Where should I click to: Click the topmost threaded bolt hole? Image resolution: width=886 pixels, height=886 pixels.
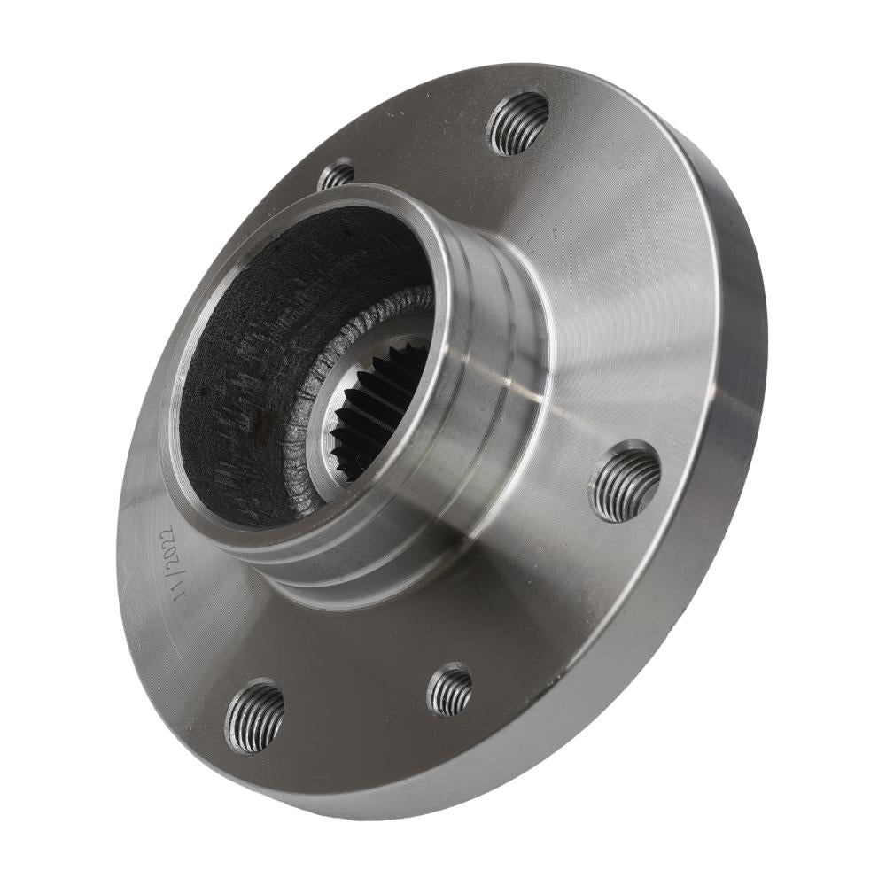point(517,124)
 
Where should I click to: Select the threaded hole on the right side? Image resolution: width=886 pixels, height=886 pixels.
point(624,481)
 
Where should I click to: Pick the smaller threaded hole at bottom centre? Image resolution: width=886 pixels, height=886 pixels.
point(450,690)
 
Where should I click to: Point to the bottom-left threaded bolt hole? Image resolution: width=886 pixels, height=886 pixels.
point(254,716)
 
